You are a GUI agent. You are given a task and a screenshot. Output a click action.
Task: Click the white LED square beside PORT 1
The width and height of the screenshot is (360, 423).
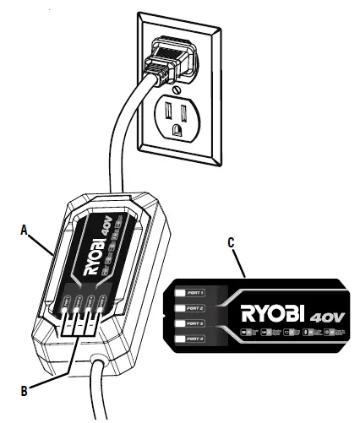point(181,292)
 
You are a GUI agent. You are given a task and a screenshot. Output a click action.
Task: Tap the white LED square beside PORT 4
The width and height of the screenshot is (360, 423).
point(181,339)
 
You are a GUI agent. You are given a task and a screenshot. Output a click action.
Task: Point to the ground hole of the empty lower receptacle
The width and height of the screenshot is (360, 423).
point(177,129)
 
